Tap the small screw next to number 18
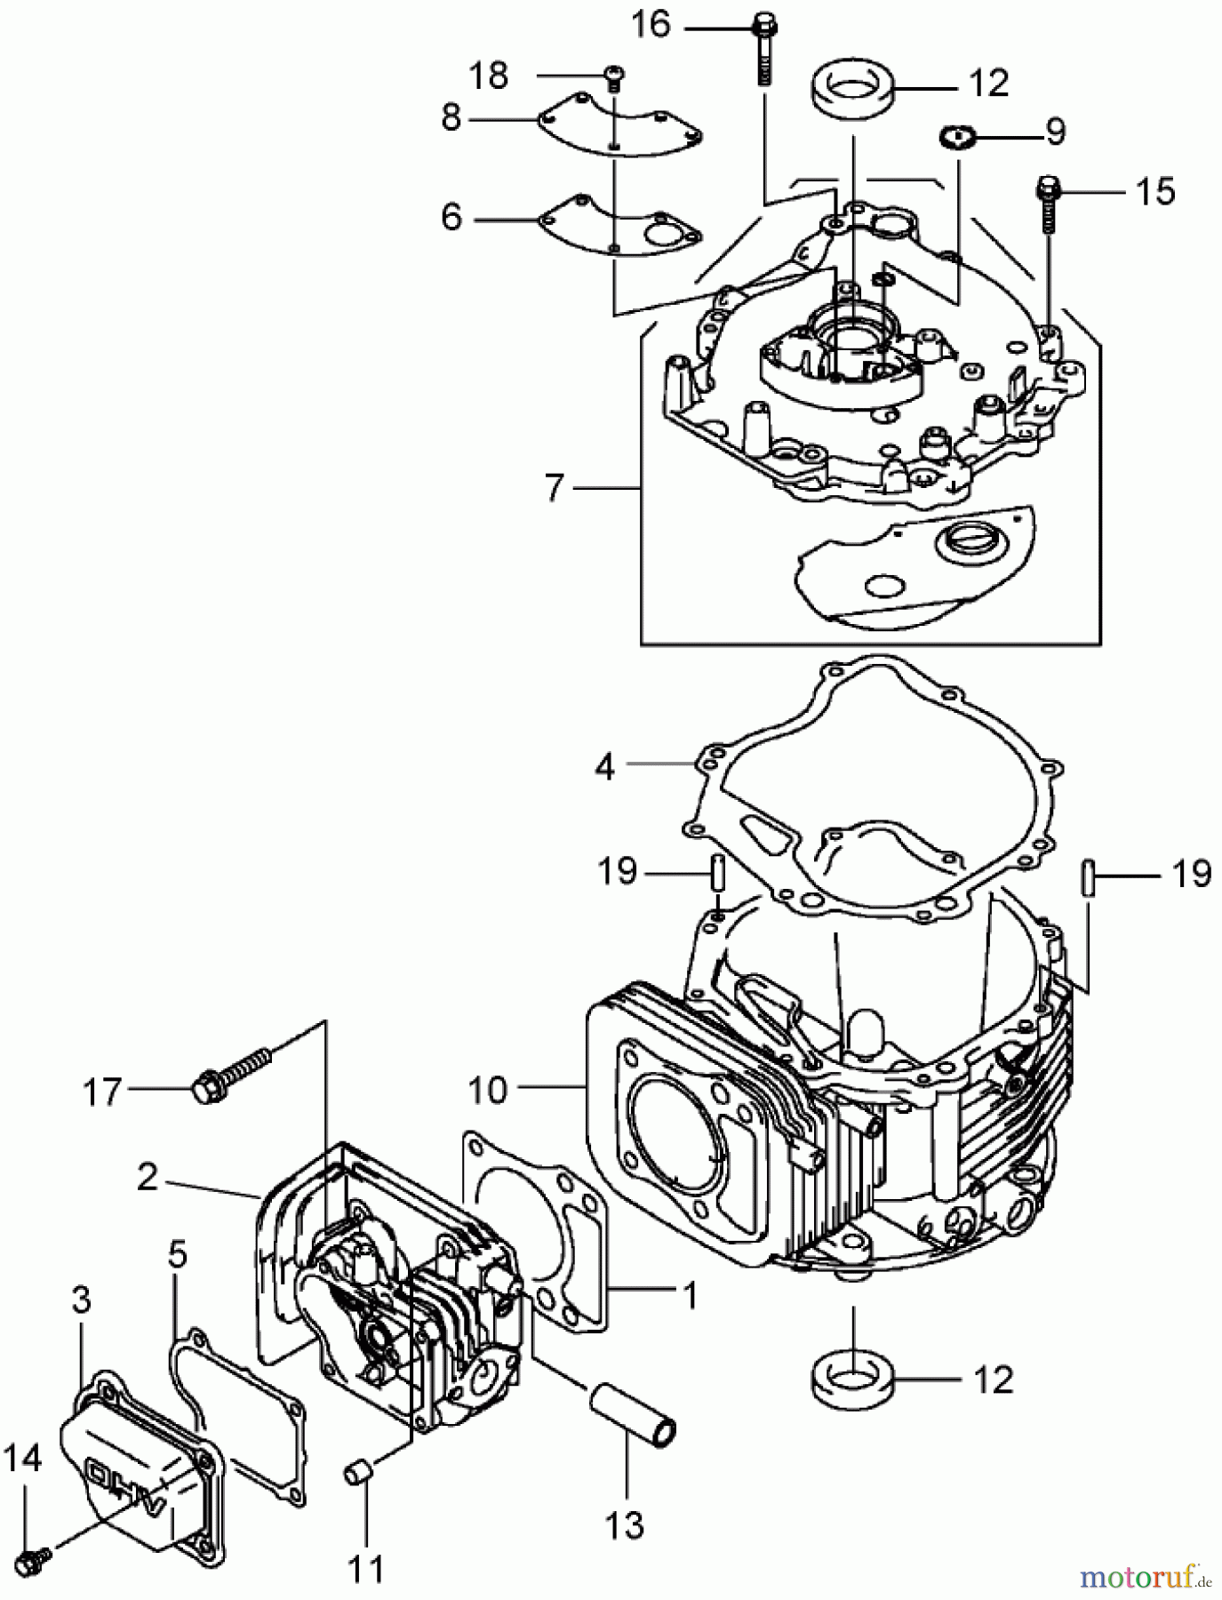tap(611, 80)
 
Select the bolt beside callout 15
tap(1049, 203)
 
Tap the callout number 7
tap(555, 488)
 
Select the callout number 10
tap(486, 1090)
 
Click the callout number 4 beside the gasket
tap(605, 766)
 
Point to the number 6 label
tap(451, 217)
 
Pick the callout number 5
tap(178, 1255)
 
